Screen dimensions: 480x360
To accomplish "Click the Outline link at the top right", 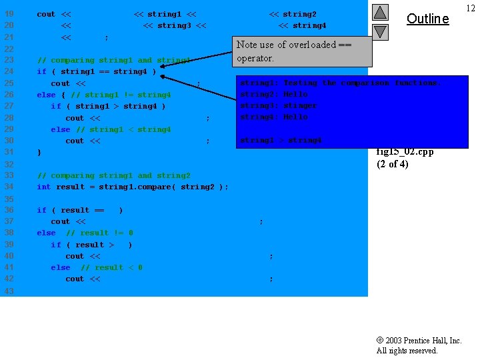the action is (x=427, y=19).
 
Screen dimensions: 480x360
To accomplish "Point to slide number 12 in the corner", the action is (x=471, y=7).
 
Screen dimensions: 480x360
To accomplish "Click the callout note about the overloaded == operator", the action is (x=294, y=51).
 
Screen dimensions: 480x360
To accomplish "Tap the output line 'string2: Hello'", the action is (x=274, y=94).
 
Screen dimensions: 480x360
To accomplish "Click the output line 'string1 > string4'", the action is (x=281, y=140).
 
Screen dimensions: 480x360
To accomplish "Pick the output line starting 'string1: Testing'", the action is (x=339, y=83).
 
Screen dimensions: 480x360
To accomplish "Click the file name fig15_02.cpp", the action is (x=405, y=151).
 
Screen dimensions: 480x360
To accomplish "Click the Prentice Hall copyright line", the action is (x=419, y=341).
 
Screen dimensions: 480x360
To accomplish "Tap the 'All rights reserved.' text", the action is (x=407, y=351).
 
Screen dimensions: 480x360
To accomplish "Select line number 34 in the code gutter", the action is (x=9, y=187).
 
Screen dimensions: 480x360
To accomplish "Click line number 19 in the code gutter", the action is (x=9, y=14).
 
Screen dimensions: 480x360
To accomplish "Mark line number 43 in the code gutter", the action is (x=9, y=291).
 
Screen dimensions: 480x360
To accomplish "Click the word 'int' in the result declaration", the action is (x=44, y=187).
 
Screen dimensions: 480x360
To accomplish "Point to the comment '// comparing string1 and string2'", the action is (x=113, y=175).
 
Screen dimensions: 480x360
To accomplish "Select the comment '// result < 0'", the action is (x=111, y=267).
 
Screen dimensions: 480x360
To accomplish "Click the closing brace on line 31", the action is (x=39, y=153).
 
